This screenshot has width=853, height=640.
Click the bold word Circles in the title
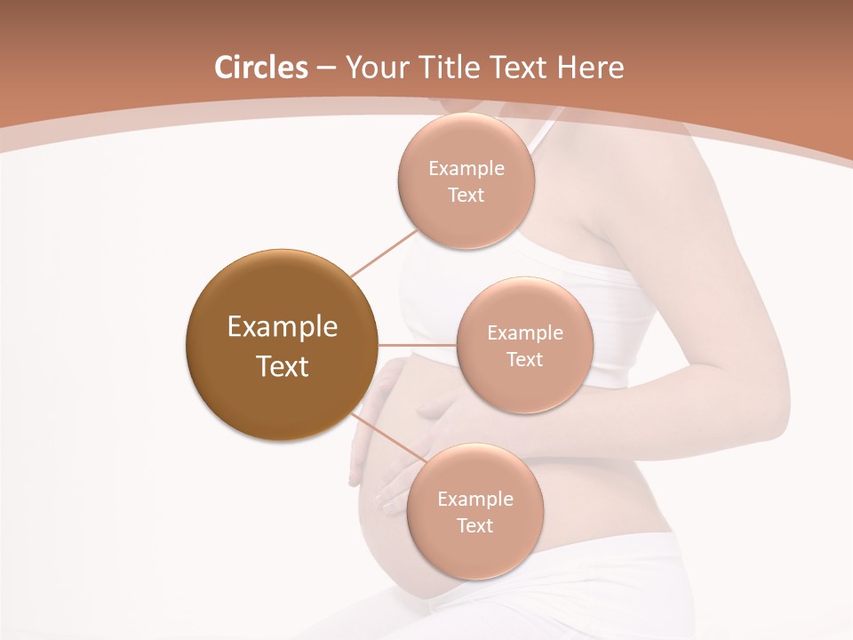pos(261,68)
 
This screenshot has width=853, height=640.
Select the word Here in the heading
pos(591,68)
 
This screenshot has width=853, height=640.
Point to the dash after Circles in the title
pos(326,68)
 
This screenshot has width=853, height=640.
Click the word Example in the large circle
pos(283,327)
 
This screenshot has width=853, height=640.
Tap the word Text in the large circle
pos(283,366)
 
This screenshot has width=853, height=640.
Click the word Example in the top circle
pos(466,169)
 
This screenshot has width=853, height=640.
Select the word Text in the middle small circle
pos(524,359)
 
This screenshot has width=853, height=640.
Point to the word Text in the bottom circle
pos(474,525)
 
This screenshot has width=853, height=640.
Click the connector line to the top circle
pos(384,253)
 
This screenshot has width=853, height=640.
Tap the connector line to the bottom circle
pos(387,438)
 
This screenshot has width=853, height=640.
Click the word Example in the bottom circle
pos(475,499)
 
